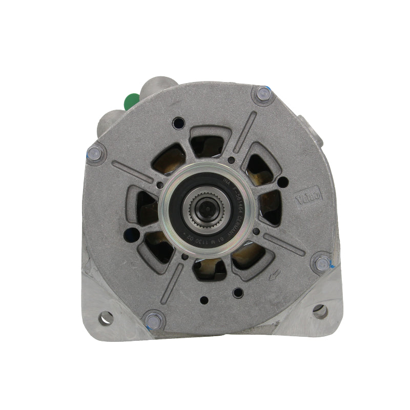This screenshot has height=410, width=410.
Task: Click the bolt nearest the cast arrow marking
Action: click(x=322, y=264)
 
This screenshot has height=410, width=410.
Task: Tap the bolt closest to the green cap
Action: click(x=95, y=153)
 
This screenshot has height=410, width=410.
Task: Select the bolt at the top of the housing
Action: click(x=263, y=94)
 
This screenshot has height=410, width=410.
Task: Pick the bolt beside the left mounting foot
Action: click(x=154, y=320)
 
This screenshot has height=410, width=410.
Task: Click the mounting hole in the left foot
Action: click(x=107, y=318)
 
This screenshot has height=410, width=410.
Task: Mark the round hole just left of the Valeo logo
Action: click(x=282, y=181)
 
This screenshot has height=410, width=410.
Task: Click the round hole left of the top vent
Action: click(x=178, y=123)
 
